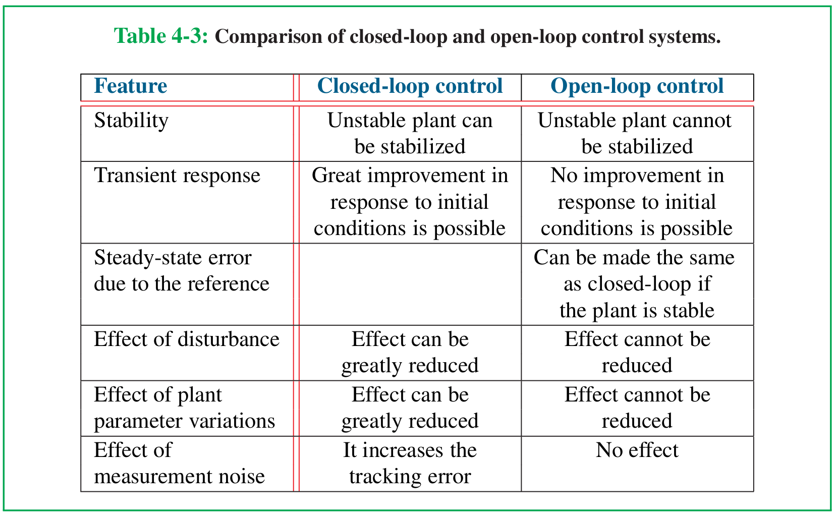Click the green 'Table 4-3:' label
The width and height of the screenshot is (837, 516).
(x=160, y=36)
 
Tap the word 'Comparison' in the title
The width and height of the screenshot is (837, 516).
(x=268, y=37)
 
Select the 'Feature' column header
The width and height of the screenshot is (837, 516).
(x=130, y=86)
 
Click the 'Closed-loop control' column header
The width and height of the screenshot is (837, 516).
(x=410, y=86)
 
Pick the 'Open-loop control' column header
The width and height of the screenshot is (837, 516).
(x=637, y=86)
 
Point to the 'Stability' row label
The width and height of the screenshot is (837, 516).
(x=131, y=121)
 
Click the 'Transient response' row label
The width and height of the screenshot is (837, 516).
(x=177, y=176)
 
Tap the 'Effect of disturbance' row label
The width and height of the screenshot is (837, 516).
(x=187, y=339)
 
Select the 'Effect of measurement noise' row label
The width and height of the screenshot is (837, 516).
(x=180, y=464)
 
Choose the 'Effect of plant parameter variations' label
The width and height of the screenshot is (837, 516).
(x=184, y=408)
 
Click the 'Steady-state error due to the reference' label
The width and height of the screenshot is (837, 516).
(x=182, y=270)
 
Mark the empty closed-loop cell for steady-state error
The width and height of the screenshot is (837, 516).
(x=410, y=284)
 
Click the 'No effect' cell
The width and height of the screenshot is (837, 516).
(x=637, y=450)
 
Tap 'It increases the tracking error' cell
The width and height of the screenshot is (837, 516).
(x=410, y=464)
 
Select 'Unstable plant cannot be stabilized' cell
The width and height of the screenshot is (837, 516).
(x=635, y=133)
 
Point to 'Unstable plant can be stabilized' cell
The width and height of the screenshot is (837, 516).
(x=410, y=133)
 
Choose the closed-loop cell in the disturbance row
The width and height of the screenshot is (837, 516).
(x=410, y=353)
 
